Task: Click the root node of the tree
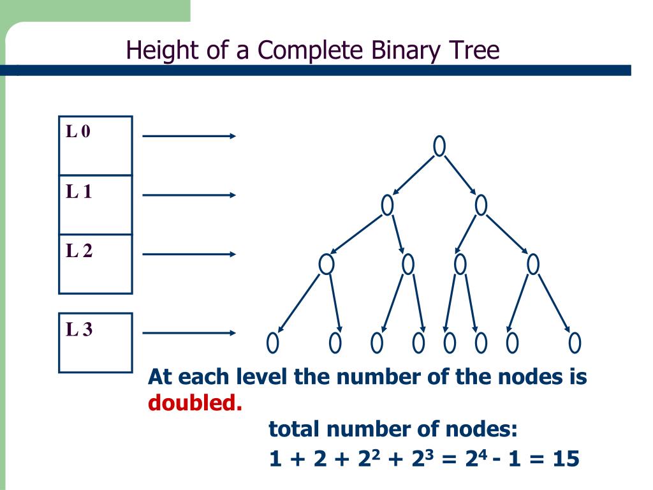[439, 146]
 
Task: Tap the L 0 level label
[79, 132]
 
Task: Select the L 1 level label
[79, 191]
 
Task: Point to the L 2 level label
[79, 251]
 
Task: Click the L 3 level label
[79, 330]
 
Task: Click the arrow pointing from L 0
[189, 136]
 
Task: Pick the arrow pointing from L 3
[189, 332]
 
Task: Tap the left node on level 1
[387, 205]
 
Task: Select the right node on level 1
[481, 205]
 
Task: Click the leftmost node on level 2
[326, 264]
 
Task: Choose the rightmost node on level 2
[533, 264]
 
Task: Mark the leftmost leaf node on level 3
[273, 343]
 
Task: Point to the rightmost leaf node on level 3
[575, 343]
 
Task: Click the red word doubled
[195, 403]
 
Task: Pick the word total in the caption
[294, 429]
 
